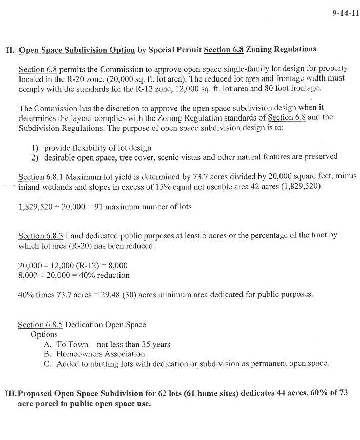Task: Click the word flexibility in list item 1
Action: pos(86,147)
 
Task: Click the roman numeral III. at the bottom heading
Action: pos(11,393)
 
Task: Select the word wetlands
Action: pos(62,187)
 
